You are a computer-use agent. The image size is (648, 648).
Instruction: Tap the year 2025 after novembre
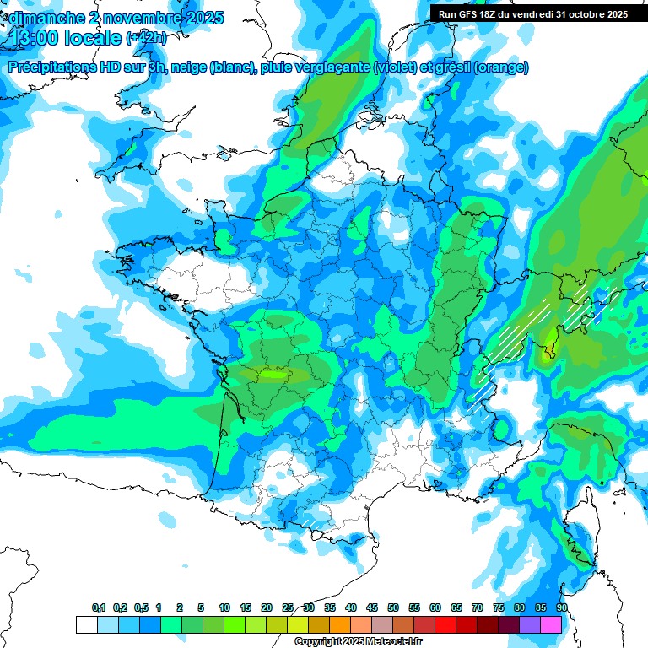[x=202, y=17]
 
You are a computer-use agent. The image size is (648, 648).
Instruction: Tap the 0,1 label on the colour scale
[x=99, y=607]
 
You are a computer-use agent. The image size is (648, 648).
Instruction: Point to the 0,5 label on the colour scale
[x=141, y=607]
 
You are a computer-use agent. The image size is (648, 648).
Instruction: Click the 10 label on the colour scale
[x=224, y=607]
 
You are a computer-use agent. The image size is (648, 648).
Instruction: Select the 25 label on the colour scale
[x=288, y=607]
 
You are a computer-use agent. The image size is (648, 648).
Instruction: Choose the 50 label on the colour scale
[x=393, y=607]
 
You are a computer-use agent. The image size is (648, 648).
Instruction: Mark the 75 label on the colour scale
[x=499, y=607]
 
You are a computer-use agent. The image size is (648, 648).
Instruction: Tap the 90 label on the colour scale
[x=562, y=607]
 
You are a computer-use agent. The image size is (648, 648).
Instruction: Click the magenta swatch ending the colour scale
[x=551, y=624]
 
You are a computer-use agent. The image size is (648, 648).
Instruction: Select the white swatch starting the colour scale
[x=86, y=624]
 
